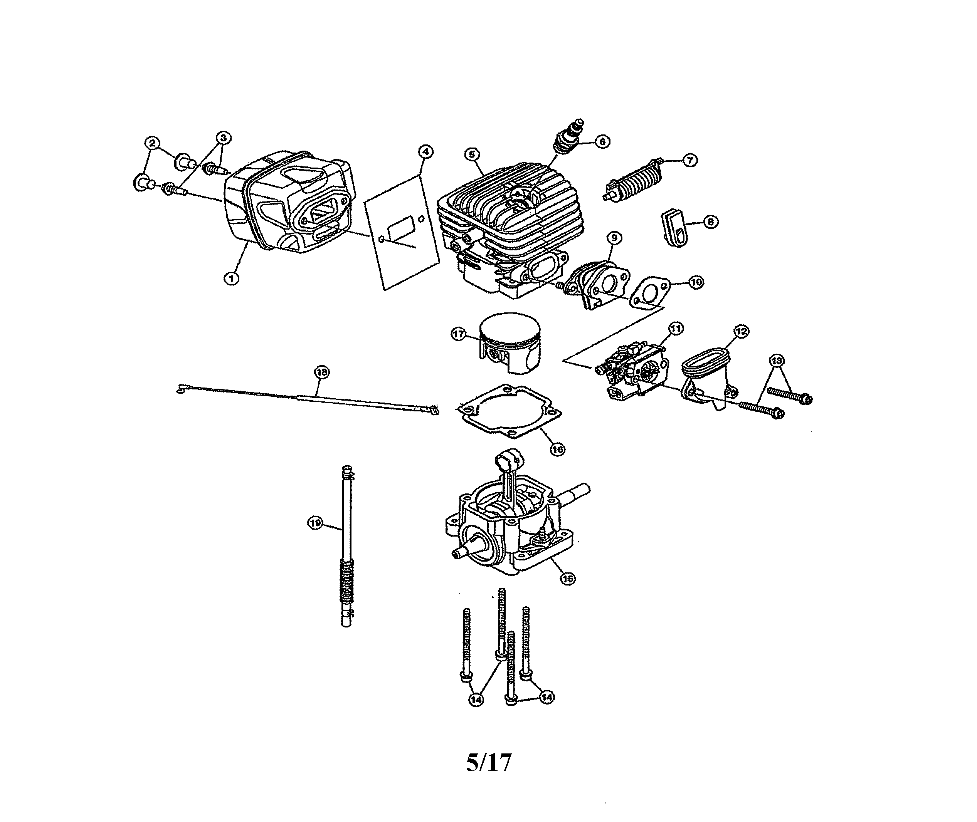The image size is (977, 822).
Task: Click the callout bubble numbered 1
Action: [231, 278]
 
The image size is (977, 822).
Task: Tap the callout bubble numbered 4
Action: [425, 151]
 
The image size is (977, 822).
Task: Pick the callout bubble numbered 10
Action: [696, 282]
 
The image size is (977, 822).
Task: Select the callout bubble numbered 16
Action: [557, 449]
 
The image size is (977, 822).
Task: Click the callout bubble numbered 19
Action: [316, 523]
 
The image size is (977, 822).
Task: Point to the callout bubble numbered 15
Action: [567, 578]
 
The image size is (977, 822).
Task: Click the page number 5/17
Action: [489, 762]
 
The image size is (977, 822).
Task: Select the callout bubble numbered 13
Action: [777, 360]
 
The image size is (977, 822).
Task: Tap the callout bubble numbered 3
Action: [223, 138]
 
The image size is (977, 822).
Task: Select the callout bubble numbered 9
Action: [614, 238]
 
